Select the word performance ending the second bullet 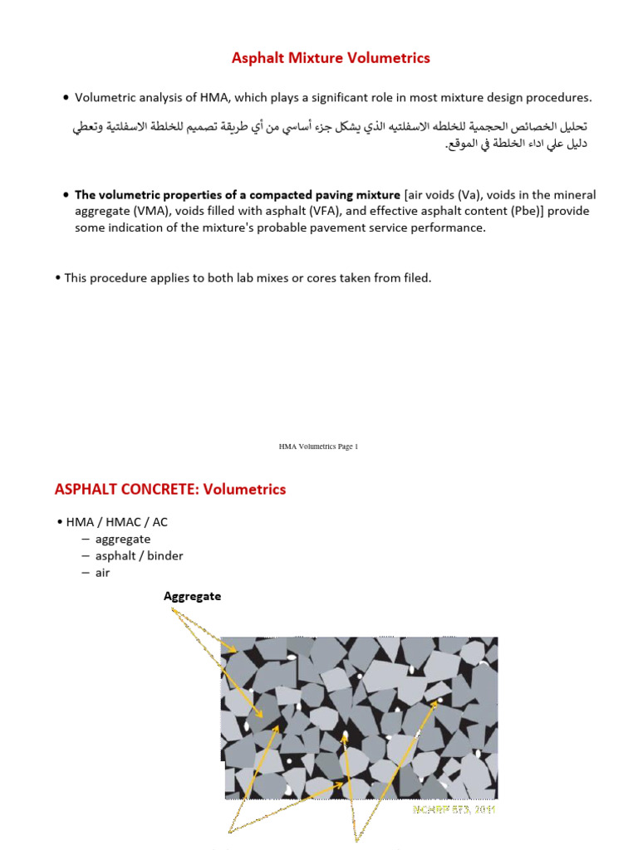(x=451, y=227)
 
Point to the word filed (x=414, y=278)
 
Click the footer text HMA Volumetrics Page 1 (x=318, y=447)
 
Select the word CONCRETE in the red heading (x=144, y=490)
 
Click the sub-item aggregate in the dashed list (x=123, y=539)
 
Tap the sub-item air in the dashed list (x=103, y=573)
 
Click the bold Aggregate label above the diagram (x=193, y=596)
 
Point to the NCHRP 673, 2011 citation (x=454, y=808)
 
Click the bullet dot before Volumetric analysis (x=66, y=99)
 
